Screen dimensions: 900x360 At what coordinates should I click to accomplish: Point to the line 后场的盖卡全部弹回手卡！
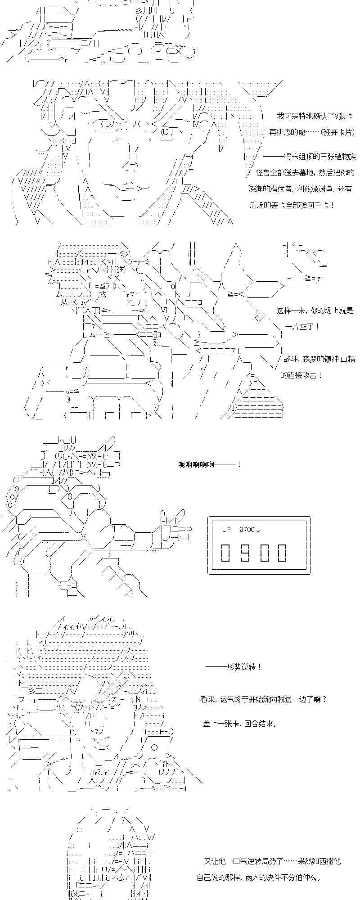click(292, 205)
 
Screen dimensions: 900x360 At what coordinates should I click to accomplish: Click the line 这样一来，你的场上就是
click(315, 310)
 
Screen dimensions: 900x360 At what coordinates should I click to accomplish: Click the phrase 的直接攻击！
click(301, 375)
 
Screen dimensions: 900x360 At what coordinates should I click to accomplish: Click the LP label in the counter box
click(226, 530)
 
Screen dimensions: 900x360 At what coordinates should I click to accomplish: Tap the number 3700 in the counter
click(247, 530)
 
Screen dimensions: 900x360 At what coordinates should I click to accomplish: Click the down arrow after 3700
click(258, 530)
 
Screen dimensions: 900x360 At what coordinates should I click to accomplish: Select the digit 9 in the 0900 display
click(245, 552)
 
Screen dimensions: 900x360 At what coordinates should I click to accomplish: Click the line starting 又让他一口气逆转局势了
click(272, 861)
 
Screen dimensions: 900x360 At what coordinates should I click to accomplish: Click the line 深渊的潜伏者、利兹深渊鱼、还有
click(301, 189)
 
